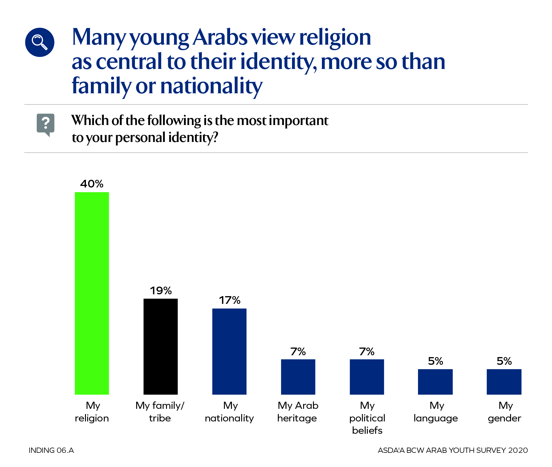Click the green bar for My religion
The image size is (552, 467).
point(92,293)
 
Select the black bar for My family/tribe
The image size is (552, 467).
point(160,346)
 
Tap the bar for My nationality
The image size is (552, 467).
point(229,351)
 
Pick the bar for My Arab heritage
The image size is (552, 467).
point(298,377)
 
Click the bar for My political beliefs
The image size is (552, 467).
point(367,377)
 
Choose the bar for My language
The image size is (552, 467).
point(435,382)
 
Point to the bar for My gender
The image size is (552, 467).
point(504,382)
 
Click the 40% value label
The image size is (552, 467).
point(92,184)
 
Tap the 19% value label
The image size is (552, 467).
point(160,291)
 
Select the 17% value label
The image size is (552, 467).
point(229,300)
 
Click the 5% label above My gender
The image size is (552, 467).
point(504,361)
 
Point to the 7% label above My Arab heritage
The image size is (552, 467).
point(298,352)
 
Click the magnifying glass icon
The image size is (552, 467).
point(40,42)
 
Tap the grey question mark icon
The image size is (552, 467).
point(46,124)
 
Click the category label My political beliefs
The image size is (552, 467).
point(367,418)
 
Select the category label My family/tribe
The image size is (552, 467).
point(160,412)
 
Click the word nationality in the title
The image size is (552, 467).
point(211,86)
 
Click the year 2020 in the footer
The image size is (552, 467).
point(518,450)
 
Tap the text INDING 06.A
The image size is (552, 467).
point(51,450)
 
